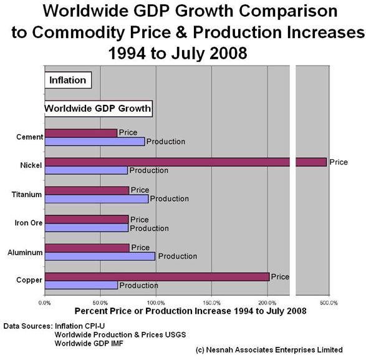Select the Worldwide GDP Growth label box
[99, 109]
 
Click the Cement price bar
[81, 132]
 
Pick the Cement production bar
[95, 141]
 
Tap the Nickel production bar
[86, 170]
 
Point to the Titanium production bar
[97, 198]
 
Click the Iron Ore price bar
[87, 220]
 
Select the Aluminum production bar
[100, 256]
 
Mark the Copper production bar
[81, 285]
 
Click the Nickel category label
[31, 166]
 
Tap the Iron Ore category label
[28, 223]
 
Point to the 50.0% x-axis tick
[100, 303]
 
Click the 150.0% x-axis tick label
[211, 303]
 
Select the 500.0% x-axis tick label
[329, 303]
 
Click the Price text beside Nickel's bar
[338, 162]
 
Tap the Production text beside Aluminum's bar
[177, 256]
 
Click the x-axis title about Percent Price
[190, 311]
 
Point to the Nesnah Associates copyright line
[269, 349]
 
